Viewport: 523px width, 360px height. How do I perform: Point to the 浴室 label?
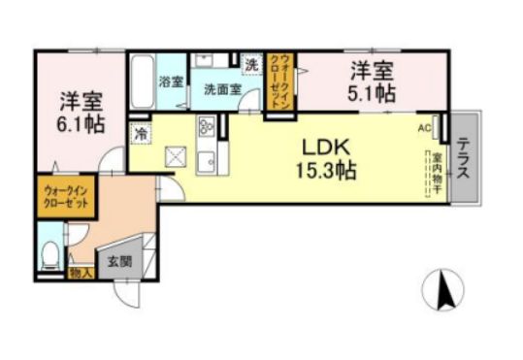(172, 82)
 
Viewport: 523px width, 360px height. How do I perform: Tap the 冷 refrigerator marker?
(142, 134)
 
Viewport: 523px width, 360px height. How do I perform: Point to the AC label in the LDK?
(424, 127)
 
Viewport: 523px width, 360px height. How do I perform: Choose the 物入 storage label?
(81, 275)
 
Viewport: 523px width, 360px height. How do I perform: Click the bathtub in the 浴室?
(142, 82)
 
